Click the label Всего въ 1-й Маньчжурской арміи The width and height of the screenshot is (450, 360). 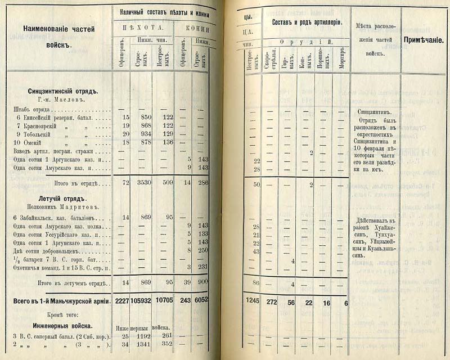(x=59, y=302)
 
